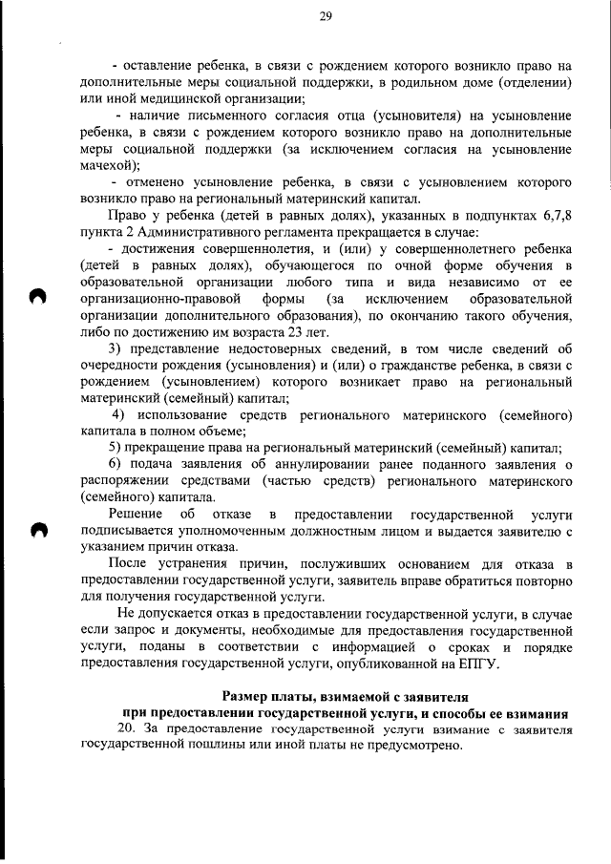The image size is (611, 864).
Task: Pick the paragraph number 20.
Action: point(122,728)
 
